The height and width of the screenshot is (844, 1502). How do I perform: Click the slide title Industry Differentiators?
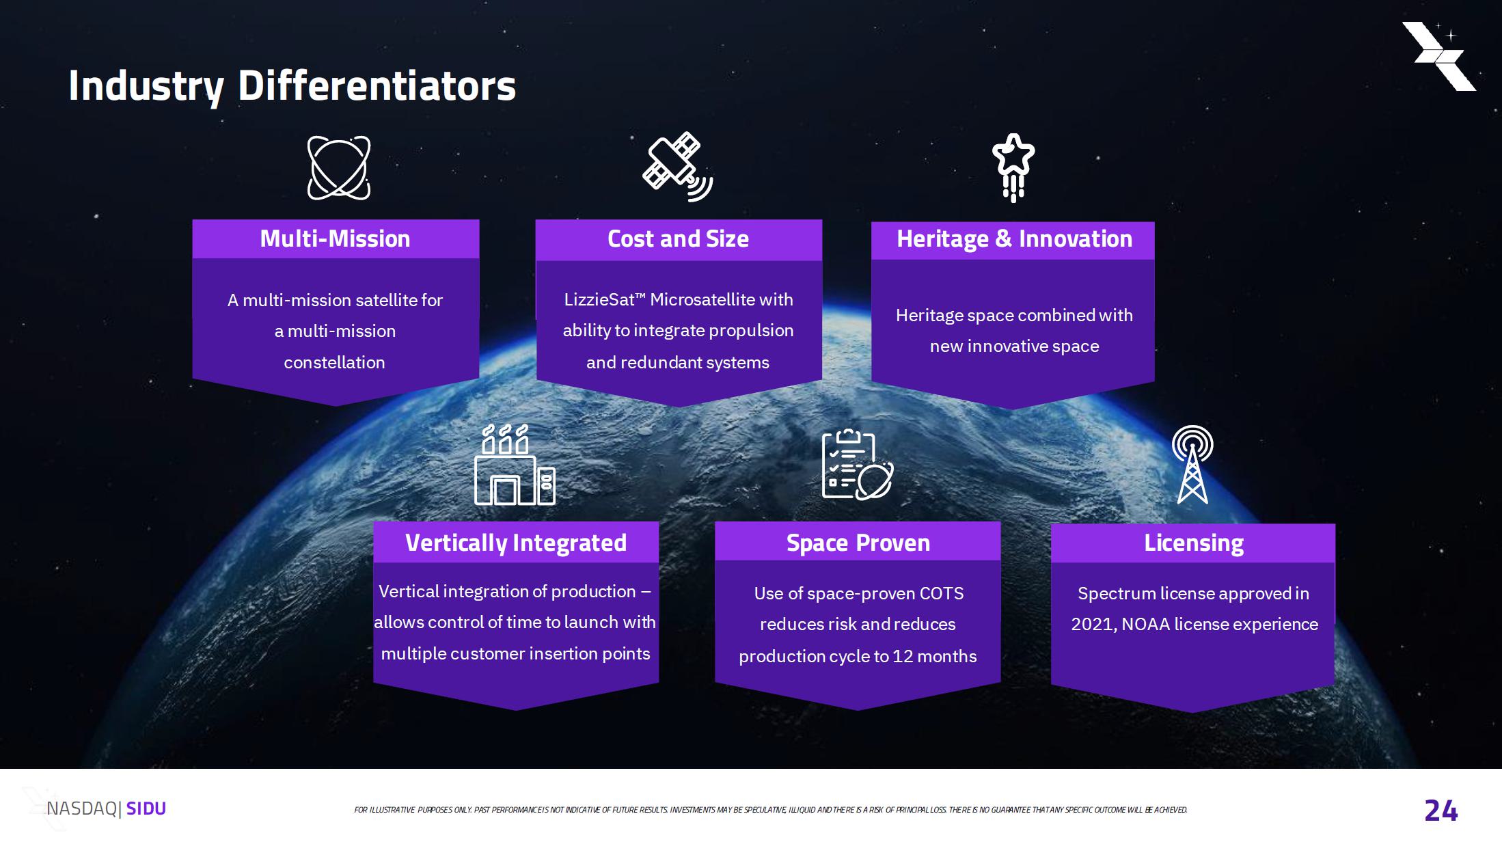[292, 86]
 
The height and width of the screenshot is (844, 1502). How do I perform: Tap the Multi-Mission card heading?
[335, 239]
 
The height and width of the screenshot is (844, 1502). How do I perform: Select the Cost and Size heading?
[678, 239]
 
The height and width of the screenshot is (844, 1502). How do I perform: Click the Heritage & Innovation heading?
[1014, 239]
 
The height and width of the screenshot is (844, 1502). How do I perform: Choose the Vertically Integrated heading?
[516, 543]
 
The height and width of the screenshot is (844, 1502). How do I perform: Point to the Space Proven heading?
[858, 543]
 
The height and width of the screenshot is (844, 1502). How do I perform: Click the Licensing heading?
[1194, 543]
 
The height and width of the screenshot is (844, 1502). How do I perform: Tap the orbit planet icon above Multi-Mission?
[339, 168]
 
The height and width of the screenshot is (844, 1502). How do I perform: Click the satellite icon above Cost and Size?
[678, 167]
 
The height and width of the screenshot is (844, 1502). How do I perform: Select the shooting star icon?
[1013, 167]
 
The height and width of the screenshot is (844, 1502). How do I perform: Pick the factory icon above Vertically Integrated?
[515, 465]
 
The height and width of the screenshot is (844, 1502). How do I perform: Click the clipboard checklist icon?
[857, 465]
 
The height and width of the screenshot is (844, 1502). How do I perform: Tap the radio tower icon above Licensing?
[1192, 465]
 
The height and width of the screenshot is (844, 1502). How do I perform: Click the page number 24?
[1441, 811]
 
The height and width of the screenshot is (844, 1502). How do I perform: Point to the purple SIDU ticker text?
[146, 808]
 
